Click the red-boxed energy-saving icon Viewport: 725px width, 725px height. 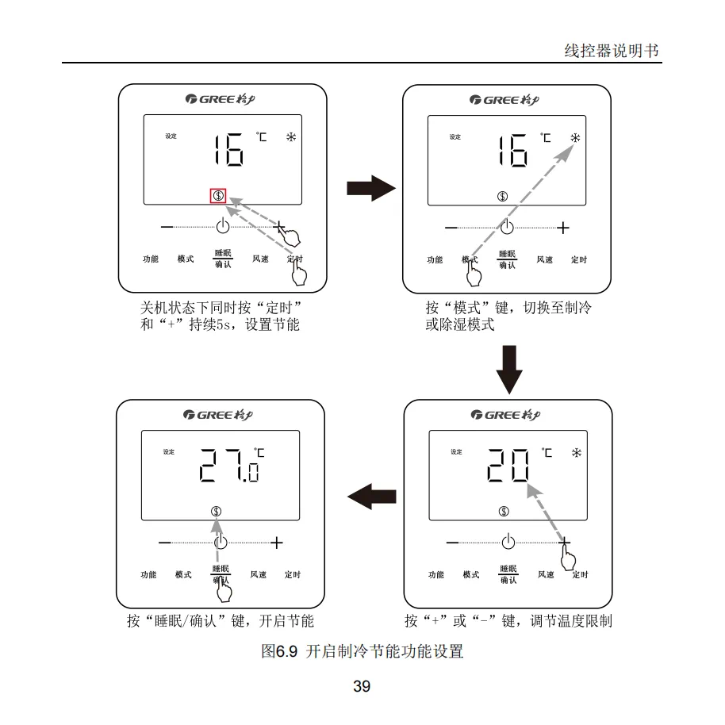click(x=218, y=195)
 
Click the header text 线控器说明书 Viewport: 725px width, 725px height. click(x=612, y=51)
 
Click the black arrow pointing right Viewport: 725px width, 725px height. click(x=370, y=189)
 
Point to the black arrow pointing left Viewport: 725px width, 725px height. click(x=371, y=497)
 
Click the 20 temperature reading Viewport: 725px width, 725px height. click(x=508, y=464)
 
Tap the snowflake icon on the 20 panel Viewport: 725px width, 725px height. click(x=577, y=453)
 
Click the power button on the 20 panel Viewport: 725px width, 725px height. click(x=508, y=543)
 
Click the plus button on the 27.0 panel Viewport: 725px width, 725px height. click(x=276, y=543)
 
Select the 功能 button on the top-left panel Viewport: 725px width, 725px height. click(x=150, y=259)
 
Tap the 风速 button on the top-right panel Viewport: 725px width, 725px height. click(x=544, y=259)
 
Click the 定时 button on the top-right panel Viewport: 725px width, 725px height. click(x=579, y=259)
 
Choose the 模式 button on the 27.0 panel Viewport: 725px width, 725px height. click(x=183, y=575)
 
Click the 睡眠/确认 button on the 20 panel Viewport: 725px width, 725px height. click(x=508, y=574)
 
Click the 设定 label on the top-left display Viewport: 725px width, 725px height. click(x=171, y=136)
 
